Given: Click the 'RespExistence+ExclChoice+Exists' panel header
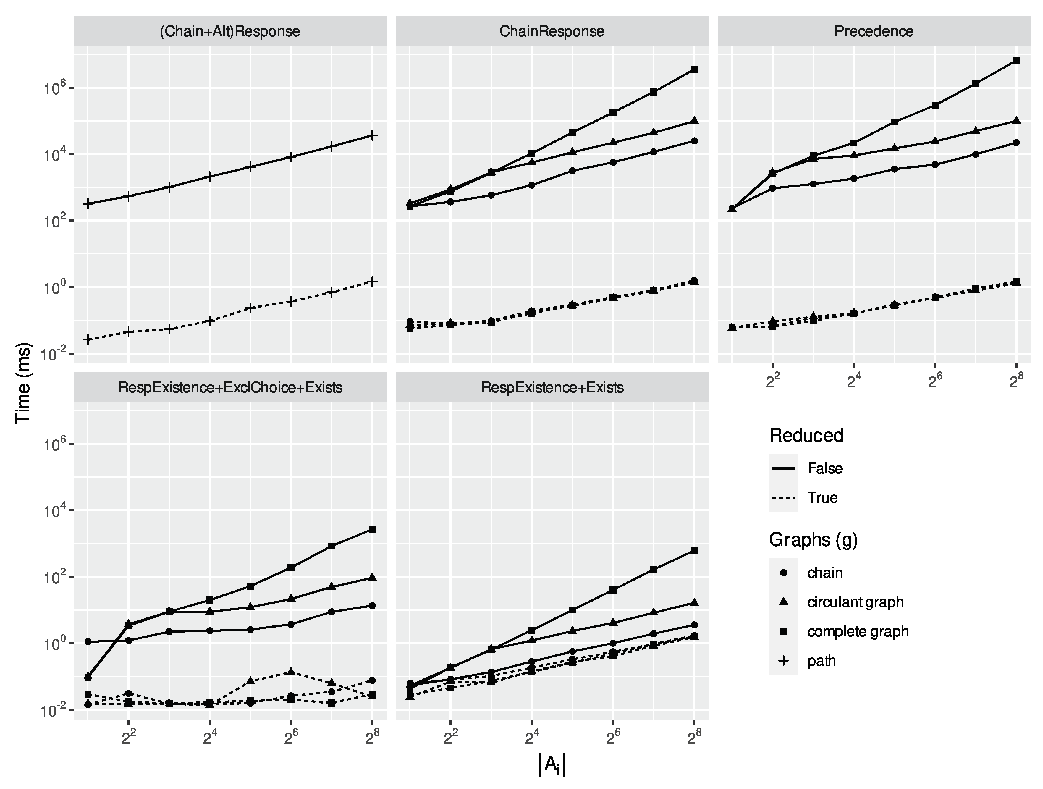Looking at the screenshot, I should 230,388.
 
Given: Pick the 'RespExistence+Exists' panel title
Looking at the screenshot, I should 552,388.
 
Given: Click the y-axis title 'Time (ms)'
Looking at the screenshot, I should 23,383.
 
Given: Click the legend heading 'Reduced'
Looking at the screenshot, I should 806,435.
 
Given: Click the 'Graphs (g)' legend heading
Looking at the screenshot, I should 813,539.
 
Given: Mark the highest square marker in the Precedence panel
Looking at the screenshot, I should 1016,60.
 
